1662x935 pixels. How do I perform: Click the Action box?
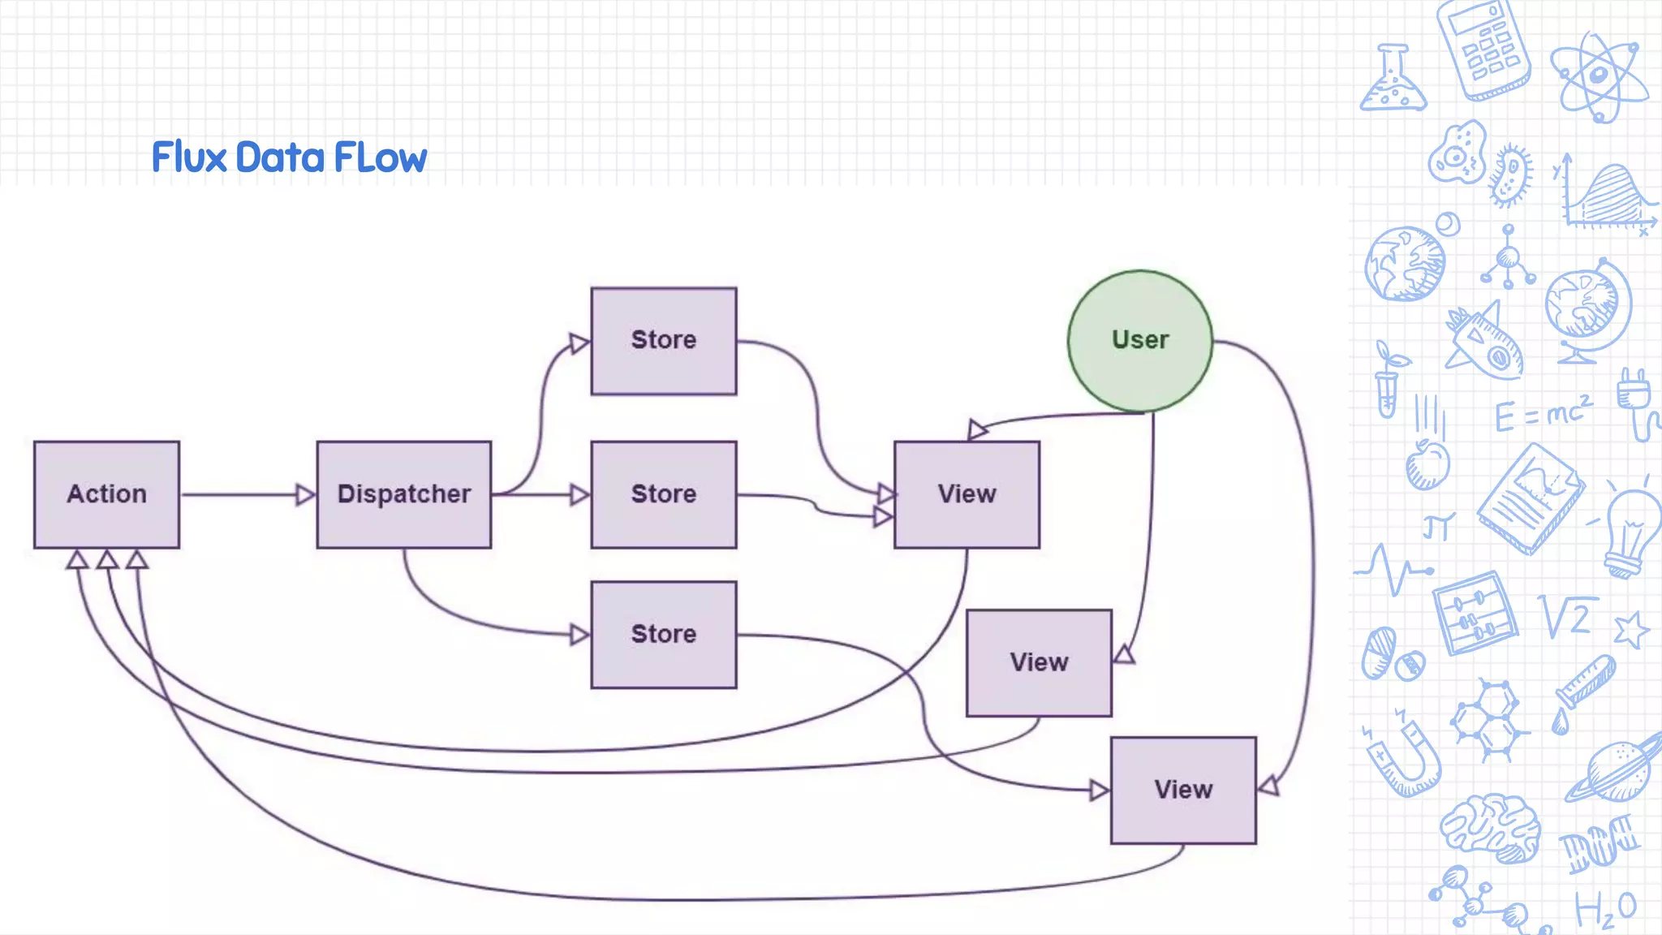click(x=106, y=494)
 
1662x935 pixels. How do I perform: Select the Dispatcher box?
click(x=403, y=494)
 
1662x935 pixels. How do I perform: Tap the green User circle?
click(x=1139, y=340)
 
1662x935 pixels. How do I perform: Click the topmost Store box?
click(x=664, y=341)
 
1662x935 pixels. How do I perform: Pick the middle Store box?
click(x=664, y=494)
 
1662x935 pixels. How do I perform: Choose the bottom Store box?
click(x=664, y=634)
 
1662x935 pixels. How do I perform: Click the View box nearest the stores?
click(x=967, y=494)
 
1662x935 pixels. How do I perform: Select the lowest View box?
click(x=1183, y=790)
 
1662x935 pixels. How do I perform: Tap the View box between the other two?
click(x=1039, y=662)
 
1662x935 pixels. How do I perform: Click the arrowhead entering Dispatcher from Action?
click(x=305, y=494)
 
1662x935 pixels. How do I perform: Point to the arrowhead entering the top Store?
click(x=579, y=343)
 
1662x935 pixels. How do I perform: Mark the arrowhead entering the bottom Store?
click(x=579, y=634)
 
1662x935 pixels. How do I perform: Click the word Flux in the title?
click(x=189, y=157)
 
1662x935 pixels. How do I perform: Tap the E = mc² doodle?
click(x=1542, y=413)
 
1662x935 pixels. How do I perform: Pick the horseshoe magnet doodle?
click(x=1404, y=755)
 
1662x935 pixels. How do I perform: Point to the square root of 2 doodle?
click(x=1568, y=617)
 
